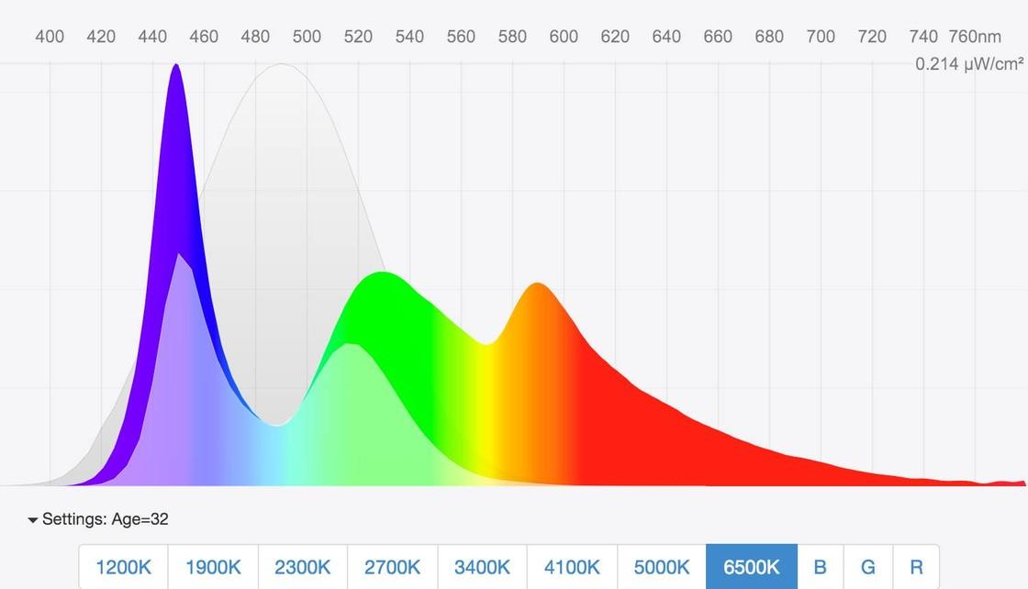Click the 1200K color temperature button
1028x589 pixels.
tap(123, 567)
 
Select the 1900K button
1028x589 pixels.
tap(213, 567)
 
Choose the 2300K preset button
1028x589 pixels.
tap(303, 567)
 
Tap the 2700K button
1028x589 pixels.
tap(393, 567)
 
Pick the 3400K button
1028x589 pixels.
tap(483, 567)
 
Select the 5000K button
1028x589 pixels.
tap(662, 567)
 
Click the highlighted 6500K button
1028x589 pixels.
tap(752, 567)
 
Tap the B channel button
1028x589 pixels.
tap(821, 567)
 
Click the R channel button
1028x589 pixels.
tap(916, 567)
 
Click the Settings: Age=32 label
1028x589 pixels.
tap(105, 519)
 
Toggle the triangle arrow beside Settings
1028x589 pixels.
tap(33, 520)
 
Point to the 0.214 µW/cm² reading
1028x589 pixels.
tap(968, 64)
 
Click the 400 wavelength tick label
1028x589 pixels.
tap(50, 37)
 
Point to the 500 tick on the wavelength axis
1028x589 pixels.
tap(307, 37)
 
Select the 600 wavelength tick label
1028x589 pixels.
tap(564, 37)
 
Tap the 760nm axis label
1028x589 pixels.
tap(975, 37)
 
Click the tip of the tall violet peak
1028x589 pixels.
tap(176, 65)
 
